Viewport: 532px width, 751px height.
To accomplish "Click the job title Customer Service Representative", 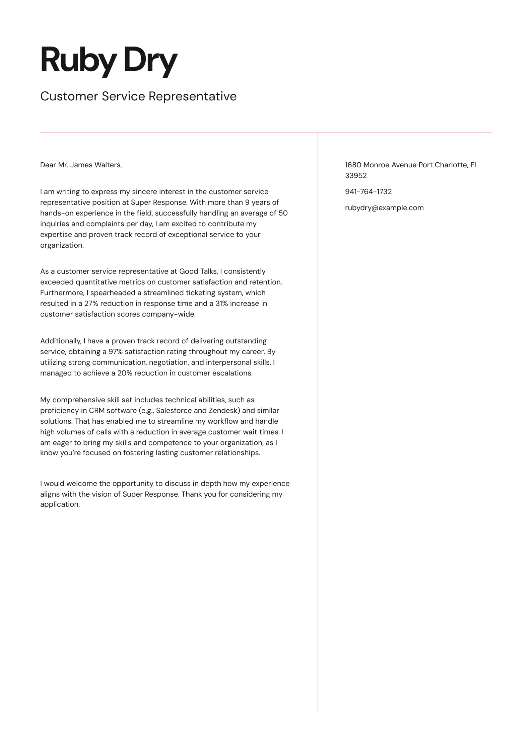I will pos(138,96).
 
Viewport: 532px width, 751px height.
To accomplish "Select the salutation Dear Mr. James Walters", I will pos(81,165).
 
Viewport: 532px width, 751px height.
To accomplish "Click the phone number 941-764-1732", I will pos(368,192).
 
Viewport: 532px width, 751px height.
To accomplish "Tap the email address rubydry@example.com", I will pos(384,208).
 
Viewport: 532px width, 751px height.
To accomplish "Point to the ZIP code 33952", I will pos(356,176).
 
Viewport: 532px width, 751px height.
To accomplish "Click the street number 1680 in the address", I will pos(353,165).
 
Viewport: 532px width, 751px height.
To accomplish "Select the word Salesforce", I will pos(174,411).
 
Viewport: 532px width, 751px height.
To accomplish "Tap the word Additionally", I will pos(61,341).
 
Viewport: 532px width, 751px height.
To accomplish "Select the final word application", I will pos(60,504).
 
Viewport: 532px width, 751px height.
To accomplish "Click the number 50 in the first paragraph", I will pos(283,213).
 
